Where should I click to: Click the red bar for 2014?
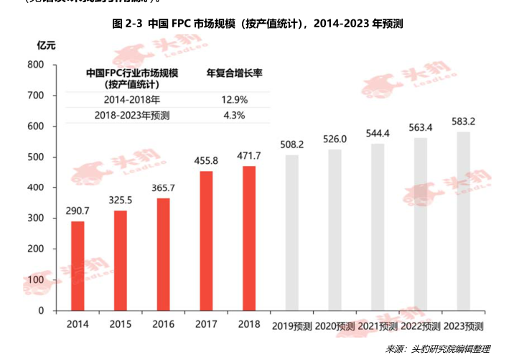coord(78,266)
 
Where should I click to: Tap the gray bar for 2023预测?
coord(463,221)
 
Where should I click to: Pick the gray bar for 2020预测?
coord(335,230)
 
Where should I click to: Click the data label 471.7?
coord(249,155)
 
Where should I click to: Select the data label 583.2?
coord(463,121)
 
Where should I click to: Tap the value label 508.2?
coord(291,144)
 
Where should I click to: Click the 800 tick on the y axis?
coord(36,65)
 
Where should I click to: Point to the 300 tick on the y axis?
coord(36,218)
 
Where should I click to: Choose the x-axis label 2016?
coord(163,325)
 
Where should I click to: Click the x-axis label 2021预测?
coord(378,326)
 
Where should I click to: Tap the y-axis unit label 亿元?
coord(45,45)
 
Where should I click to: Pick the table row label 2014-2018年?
coord(131,99)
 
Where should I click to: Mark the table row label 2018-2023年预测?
coord(132,115)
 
